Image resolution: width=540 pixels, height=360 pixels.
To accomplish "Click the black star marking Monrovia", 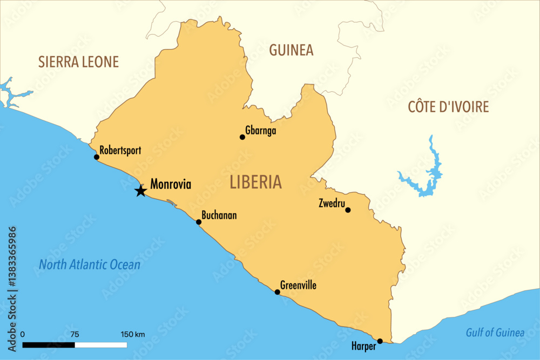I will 140,191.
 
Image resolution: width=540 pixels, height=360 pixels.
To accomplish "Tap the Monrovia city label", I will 171,184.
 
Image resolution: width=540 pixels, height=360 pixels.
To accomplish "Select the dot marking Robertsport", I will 97,157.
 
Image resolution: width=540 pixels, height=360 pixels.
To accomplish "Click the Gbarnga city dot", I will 242,137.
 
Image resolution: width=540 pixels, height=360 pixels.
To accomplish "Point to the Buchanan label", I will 219,215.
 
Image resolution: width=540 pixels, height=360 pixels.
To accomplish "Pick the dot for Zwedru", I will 348,210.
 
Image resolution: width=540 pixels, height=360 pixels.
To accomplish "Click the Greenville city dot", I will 277,292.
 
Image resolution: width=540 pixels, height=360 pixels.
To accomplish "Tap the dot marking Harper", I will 380,341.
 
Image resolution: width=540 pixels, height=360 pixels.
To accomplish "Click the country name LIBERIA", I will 255,182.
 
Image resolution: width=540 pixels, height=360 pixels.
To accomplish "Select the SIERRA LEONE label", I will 78,62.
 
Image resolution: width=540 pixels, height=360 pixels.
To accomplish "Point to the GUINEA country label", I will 291,50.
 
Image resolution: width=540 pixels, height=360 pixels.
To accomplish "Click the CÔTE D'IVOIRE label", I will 448,107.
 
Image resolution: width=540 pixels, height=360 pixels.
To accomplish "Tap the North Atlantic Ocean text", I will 90,265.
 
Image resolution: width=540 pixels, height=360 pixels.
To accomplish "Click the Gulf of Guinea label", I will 495,333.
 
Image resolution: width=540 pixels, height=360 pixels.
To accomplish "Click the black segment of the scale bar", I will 49,344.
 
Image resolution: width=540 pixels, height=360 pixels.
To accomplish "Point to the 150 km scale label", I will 132,335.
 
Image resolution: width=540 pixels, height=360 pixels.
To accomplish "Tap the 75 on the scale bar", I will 75,335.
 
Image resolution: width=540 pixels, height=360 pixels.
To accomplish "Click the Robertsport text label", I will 120,151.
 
